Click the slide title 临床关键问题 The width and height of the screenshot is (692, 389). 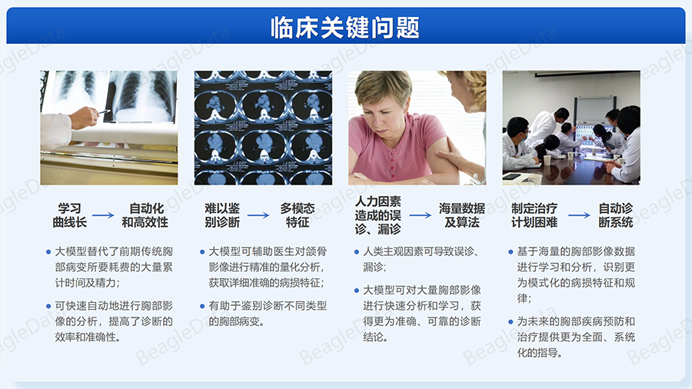tap(345, 28)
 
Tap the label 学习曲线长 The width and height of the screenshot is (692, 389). tap(70, 215)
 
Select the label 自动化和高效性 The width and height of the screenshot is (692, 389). tap(145, 215)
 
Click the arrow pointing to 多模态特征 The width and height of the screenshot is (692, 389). tap(258, 215)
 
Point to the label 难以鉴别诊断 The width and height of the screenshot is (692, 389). tap(222, 215)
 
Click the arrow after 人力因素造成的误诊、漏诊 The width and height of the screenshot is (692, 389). tap(420, 215)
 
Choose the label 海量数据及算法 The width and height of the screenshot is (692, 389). tap(461, 215)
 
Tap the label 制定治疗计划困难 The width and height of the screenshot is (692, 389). tap(534, 215)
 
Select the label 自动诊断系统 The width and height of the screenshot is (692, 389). tap(616, 215)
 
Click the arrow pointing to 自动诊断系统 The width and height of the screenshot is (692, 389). tap(579, 215)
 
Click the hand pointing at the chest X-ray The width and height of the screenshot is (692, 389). tap(84, 118)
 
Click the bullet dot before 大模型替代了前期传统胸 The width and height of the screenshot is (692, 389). tap(48, 252)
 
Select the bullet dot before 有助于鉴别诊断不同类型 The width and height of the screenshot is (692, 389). tap(202, 306)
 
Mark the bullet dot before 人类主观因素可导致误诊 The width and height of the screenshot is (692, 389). tap(357, 252)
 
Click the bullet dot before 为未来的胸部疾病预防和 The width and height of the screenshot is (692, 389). tap(511, 322)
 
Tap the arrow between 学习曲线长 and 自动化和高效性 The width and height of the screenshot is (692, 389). tap(103, 215)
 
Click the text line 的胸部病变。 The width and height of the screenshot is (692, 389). tap(237, 321)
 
